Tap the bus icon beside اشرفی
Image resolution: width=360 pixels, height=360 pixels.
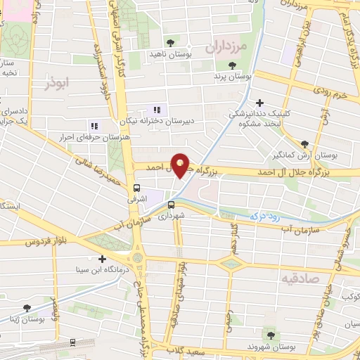click(136, 188)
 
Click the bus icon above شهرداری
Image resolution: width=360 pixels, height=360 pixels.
click(170, 205)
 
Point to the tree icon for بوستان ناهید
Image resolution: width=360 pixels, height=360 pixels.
click(170, 41)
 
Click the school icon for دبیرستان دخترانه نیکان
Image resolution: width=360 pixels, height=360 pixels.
click(157, 110)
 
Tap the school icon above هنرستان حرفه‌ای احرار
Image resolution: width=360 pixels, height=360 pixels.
click(95, 126)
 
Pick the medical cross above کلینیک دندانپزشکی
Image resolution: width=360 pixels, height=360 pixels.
click(259, 103)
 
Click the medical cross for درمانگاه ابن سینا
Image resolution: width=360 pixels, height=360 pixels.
click(103, 259)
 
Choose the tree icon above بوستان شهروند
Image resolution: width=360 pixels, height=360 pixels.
click(271, 335)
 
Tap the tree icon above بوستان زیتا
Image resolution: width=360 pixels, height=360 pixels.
click(27, 307)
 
